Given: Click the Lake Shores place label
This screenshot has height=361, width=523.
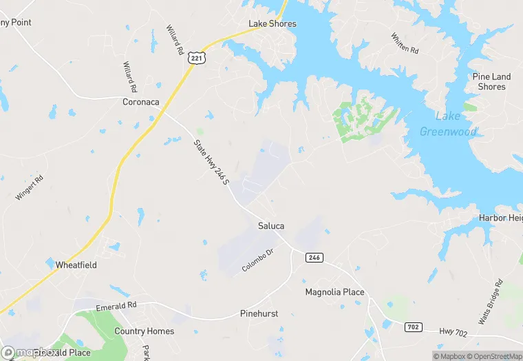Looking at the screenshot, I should tap(273, 24).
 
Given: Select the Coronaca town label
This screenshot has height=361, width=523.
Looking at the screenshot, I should tap(141, 102).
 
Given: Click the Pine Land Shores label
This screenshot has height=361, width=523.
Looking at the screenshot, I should tap(491, 81).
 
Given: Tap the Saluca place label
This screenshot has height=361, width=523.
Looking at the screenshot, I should tap(271, 226).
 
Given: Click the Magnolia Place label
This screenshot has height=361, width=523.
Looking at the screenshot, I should tap(334, 292).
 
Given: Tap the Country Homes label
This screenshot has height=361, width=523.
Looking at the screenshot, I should tap(144, 331).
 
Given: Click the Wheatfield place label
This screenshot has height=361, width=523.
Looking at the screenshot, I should tap(76, 265).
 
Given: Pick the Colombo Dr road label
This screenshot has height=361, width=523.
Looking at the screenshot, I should tap(258, 260).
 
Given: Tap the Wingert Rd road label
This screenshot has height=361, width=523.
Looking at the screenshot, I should tap(30, 187).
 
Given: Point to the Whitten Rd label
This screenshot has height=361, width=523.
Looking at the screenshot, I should tap(405, 43).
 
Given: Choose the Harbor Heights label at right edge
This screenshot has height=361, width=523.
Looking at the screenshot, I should tap(501, 218).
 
